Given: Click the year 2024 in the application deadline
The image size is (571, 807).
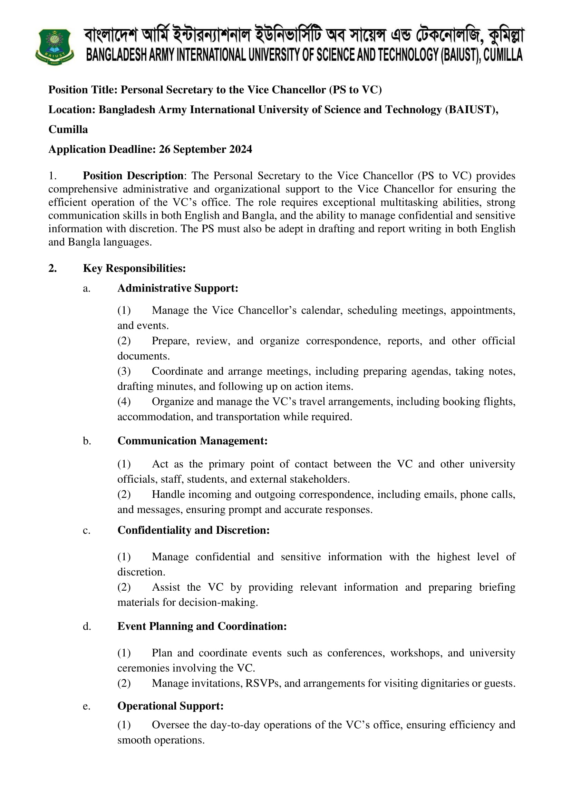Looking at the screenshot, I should point(241,149).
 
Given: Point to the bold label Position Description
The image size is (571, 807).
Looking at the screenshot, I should point(133,176).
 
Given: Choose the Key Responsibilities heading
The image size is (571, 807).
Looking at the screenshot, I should point(134,268).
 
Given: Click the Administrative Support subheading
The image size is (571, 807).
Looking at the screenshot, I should point(177,288).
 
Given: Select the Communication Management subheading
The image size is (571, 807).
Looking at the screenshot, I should point(192,441).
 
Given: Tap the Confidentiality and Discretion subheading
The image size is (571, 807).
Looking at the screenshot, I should point(193,530).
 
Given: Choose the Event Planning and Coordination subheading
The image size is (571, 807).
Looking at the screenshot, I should point(202,626).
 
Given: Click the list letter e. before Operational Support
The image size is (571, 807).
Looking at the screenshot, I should point(87,706).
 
